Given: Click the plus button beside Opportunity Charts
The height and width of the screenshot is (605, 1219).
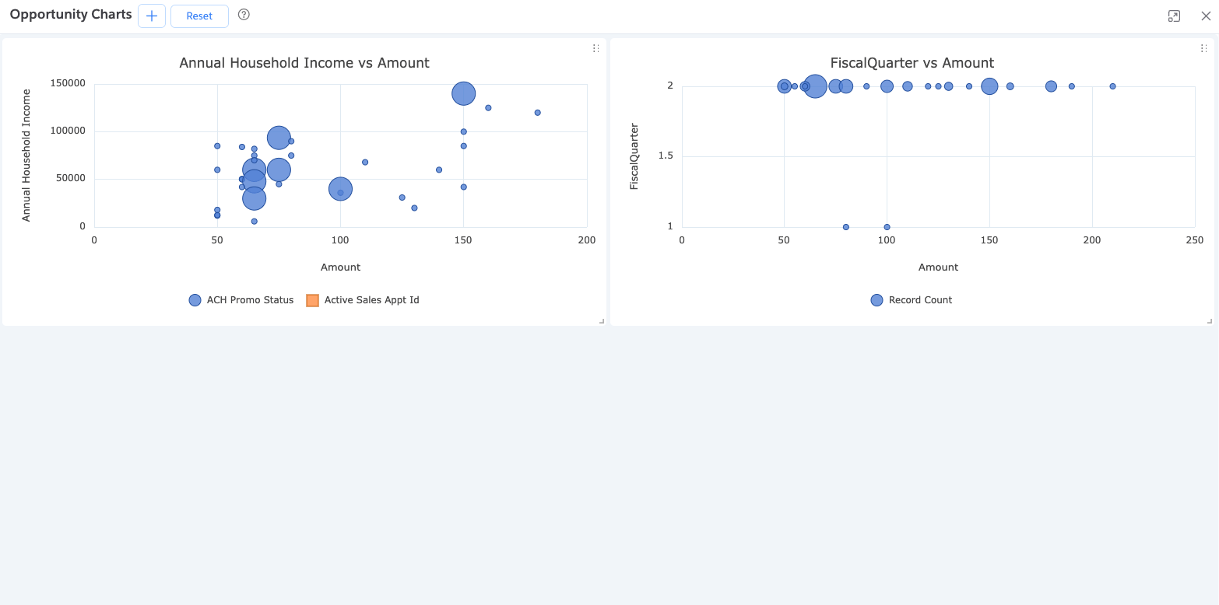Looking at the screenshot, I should pyautogui.click(x=152, y=16).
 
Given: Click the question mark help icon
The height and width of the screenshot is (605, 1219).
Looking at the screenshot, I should pyautogui.click(x=244, y=15).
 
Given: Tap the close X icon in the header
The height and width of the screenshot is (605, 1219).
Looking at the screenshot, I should pyautogui.click(x=1206, y=16).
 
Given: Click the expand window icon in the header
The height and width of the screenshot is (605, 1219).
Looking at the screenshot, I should pyautogui.click(x=1174, y=16).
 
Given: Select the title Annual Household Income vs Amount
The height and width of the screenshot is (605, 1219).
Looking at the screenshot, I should pyautogui.click(x=304, y=63).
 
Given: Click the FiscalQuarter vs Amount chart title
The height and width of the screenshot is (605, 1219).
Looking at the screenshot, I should pyautogui.click(x=912, y=63).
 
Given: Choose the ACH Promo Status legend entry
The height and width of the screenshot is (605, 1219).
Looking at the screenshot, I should pyautogui.click(x=241, y=300).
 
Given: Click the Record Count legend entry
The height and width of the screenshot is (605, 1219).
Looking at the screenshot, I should pyautogui.click(x=912, y=300).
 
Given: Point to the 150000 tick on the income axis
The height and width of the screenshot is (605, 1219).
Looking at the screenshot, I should pyautogui.click(x=68, y=84).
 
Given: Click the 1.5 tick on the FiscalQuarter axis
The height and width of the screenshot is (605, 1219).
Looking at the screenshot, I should pyautogui.click(x=666, y=156).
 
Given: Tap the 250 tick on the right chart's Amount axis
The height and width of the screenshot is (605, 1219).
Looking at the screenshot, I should pyautogui.click(x=1194, y=240).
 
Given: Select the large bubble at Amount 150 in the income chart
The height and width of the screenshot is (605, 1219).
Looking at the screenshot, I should pyautogui.click(x=463, y=93).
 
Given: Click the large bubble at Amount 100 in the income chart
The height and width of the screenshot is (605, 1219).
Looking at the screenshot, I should pyautogui.click(x=340, y=188).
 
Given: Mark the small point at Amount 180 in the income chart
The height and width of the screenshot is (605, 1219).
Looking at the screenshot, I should pyautogui.click(x=537, y=113).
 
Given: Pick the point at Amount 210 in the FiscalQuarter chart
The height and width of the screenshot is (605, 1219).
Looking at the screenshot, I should pyautogui.click(x=1112, y=86).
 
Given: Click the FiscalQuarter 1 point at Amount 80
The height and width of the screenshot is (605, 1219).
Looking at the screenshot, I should pyautogui.click(x=845, y=227).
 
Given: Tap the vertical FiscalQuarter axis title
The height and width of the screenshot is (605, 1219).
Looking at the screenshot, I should pyautogui.click(x=634, y=156).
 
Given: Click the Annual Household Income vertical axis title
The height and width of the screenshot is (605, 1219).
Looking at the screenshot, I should pyautogui.click(x=26, y=156).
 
